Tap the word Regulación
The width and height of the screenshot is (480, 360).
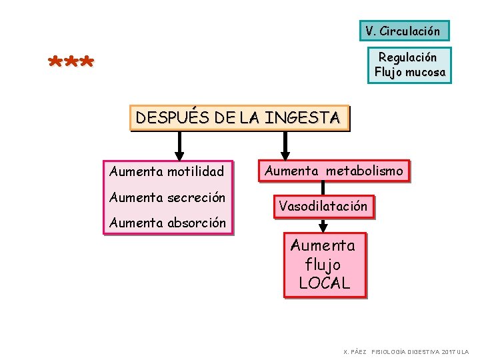click(407, 57)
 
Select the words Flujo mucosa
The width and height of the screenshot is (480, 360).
click(409, 72)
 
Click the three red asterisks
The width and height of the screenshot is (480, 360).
click(71, 63)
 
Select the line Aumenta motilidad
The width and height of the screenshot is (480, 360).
click(167, 171)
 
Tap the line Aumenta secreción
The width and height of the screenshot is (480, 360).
click(167, 197)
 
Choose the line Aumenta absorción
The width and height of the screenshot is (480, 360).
click(167, 223)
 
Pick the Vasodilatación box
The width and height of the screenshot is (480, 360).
click(323, 206)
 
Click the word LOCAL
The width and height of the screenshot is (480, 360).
click(324, 283)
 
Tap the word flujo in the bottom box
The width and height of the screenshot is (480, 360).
click(323, 264)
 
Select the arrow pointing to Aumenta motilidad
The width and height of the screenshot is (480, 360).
click(179, 145)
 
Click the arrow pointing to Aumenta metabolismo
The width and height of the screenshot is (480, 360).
click(285, 145)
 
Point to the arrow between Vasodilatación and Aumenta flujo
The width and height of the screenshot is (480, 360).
click(323, 225)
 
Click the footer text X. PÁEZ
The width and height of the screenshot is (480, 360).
click(355, 351)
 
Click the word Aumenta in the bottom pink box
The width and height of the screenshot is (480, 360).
click(323, 245)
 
